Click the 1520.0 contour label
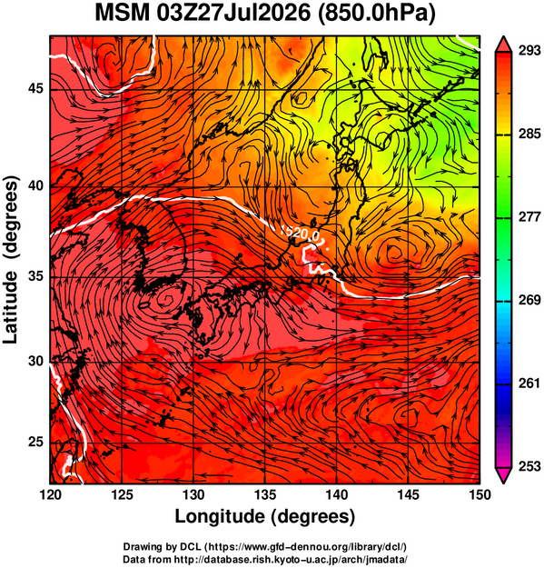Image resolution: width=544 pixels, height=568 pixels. point(300,234)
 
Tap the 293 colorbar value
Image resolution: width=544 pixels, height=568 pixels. point(529,51)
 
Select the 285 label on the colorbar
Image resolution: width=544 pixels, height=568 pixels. point(529,134)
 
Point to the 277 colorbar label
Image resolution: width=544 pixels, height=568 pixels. point(529,217)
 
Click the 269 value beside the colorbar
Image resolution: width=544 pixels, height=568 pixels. point(529,300)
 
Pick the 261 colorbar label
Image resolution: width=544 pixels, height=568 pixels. point(529,383)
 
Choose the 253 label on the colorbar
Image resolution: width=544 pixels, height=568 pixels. point(529,466)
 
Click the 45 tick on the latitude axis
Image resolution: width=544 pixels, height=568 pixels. point(35,88)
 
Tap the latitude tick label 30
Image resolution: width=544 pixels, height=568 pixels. point(35,361)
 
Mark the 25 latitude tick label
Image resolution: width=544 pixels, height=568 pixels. point(35,443)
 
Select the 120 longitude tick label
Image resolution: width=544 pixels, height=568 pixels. point(50,494)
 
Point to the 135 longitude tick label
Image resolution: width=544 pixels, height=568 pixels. point(265,494)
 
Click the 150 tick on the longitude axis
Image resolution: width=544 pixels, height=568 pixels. point(480,494)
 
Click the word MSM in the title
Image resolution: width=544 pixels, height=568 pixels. point(123,13)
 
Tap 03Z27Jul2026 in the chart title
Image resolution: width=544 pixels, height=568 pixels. point(233,13)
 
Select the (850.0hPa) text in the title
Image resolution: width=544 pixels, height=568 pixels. point(376,14)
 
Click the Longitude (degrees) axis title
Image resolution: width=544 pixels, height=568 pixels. point(264,516)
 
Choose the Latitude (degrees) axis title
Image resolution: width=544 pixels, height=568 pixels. point(11,260)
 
